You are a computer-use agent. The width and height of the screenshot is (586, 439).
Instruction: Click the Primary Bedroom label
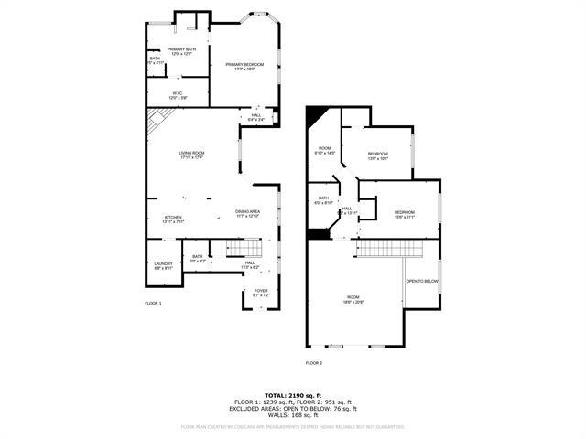coord(244,66)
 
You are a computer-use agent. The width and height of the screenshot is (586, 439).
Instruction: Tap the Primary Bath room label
coord(181,51)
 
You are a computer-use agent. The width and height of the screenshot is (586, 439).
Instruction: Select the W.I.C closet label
coord(179,94)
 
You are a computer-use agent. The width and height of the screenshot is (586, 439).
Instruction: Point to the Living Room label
coord(191,155)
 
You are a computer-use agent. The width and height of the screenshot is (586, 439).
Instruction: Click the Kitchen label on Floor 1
coord(173,219)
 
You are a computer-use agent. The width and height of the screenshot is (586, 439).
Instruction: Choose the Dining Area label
coord(247,213)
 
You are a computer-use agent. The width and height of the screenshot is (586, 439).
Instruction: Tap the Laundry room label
coord(163,265)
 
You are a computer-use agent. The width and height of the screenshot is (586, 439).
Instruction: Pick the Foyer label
coord(261,293)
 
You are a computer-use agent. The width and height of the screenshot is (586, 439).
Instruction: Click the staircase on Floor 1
coord(244,249)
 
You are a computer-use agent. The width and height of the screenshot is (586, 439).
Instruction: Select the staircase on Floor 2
coord(392,249)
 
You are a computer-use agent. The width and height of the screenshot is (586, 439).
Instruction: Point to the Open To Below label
coord(422,281)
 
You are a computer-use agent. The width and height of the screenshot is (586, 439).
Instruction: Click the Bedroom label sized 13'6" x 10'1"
coord(378,155)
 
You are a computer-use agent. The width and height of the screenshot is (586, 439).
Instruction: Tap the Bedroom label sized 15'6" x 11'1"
coord(404,214)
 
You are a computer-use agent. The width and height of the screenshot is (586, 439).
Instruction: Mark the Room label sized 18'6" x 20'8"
coord(353,299)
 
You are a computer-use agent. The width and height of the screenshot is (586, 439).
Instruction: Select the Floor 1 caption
coord(153,303)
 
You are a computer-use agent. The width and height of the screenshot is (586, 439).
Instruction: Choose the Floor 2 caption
coord(314,363)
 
